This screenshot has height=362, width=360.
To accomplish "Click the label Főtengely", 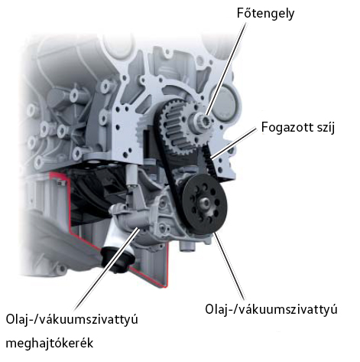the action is pyautogui.click(x=265, y=14).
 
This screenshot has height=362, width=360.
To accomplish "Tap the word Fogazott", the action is pyautogui.click(x=284, y=127).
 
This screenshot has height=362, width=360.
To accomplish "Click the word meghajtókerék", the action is pyautogui.click(x=50, y=343).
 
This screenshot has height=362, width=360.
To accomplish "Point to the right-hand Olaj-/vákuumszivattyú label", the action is pyautogui.click(x=271, y=309).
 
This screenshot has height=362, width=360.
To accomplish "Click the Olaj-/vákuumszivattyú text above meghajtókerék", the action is pyautogui.click(x=72, y=319).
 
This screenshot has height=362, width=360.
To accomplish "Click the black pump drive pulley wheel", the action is pyautogui.click(x=205, y=204).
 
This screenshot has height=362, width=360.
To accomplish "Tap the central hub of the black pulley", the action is pyautogui.click(x=205, y=203).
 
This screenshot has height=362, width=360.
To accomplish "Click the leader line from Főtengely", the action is pyautogui.click(x=226, y=68).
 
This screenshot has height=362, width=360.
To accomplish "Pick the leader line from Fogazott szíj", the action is pyautogui.click(x=234, y=143).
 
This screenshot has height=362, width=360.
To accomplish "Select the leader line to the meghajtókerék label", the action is pyautogui.click(x=106, y=269).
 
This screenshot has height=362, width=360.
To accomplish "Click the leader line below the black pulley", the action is pyautogui.click(x=229, y=266).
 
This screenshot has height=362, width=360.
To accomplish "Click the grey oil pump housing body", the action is pyautogui.click(x=143, y=217).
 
